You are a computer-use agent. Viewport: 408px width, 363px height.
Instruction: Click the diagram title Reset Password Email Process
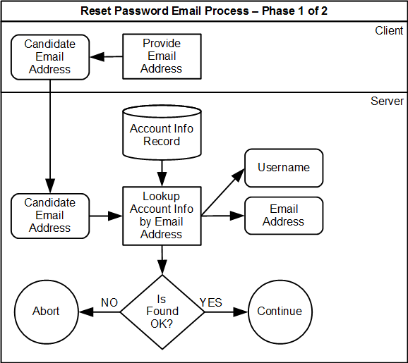tap(204, 11)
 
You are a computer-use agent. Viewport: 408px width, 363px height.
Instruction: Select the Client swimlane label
tap(389, 30)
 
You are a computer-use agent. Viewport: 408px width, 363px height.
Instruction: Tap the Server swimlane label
tap(387, 101)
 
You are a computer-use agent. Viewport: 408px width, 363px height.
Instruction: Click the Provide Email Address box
tap(162, 56)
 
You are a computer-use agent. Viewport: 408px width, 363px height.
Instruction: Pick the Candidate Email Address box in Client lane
tap(50, 56)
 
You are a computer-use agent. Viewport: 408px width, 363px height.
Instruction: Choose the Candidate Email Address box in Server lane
tap(50, 215)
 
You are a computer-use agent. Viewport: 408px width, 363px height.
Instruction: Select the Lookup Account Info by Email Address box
tap(162, 215)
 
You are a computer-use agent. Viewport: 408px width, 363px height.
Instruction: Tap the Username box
tap(284, 168)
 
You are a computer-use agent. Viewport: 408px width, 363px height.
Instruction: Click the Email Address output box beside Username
tap(284, 215)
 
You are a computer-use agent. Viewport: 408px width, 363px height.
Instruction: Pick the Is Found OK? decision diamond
tap(162, 311)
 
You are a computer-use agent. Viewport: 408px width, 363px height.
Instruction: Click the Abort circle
tap(47, 311)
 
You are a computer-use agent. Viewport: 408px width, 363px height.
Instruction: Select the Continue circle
tap(280, 311)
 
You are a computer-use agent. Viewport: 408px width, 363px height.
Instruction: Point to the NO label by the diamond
tap(109, 302)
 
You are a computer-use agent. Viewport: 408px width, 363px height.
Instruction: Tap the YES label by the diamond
tap(210, 302)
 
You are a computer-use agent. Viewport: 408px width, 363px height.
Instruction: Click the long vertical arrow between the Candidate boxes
tap(50, 134)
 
